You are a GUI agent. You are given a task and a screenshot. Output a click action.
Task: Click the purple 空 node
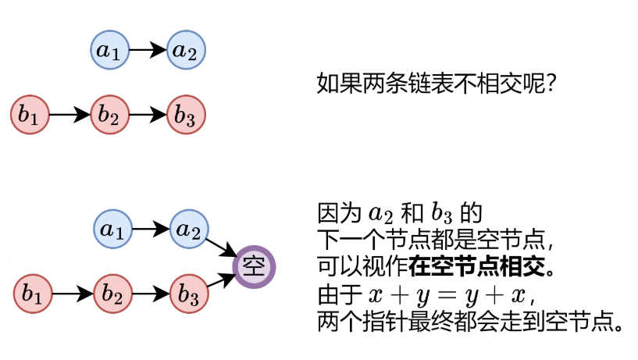pos(255,266)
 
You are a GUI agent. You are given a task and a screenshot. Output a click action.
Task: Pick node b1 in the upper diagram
pos(30,115)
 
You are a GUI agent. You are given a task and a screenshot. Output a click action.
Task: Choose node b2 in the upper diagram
pos(109,115)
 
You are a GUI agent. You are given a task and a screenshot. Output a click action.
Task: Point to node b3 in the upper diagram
pos(186,115)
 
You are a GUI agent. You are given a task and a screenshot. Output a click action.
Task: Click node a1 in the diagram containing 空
pos(113,230)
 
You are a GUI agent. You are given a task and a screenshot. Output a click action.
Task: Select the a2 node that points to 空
pos(190,230)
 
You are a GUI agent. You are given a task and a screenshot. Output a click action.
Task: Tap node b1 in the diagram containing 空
pos(34,294)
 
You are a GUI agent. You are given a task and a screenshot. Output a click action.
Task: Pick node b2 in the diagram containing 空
pos(113,294)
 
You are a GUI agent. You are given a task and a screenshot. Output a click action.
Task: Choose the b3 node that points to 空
pos(190,294)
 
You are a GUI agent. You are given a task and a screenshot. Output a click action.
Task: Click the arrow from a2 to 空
pos(223,248)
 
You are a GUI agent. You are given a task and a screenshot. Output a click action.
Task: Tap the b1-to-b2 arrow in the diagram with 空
pos(73,294)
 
